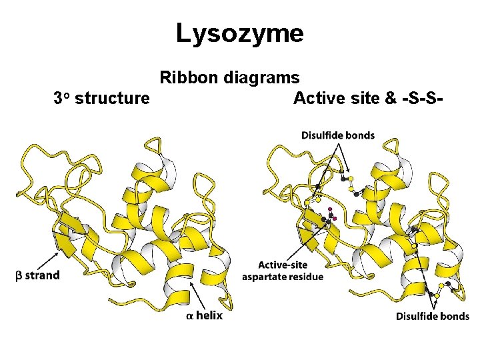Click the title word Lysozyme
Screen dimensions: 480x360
pyautogui.click(x=239, y=33)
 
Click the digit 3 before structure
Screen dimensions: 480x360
pyautogui.click(x=58, y=99)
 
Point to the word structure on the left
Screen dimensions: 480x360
pyautogui.click(x=113, y=99)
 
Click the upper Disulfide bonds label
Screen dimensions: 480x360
pyautogui.click(x=338, y=135)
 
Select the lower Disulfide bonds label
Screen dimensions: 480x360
pyautogui.click(x=433, y=315)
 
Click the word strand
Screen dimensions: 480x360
pyautogui.click(x=43, y=275)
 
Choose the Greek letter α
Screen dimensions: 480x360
pyautogui.click(x=191, y=316)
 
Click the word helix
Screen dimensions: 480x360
pyautogui.click(x=209, y=315)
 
